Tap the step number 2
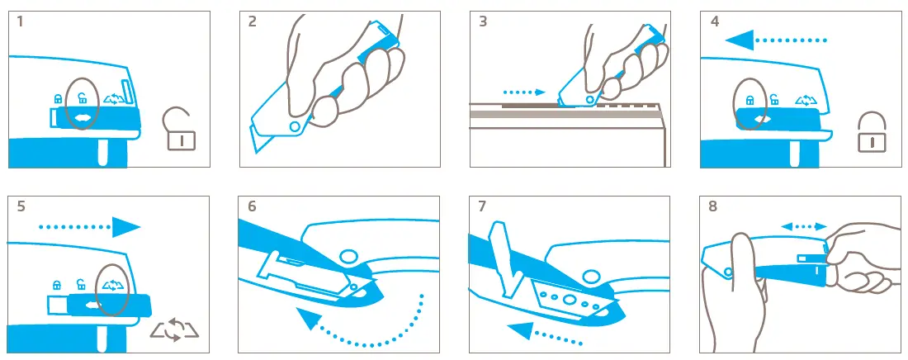click(253, 22)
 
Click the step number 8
click(713, 206)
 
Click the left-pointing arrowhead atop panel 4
click(740, 40)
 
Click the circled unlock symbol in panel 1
click(83, 99)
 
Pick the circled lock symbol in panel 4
click(750, 100)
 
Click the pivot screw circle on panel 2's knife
click(295, 126)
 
